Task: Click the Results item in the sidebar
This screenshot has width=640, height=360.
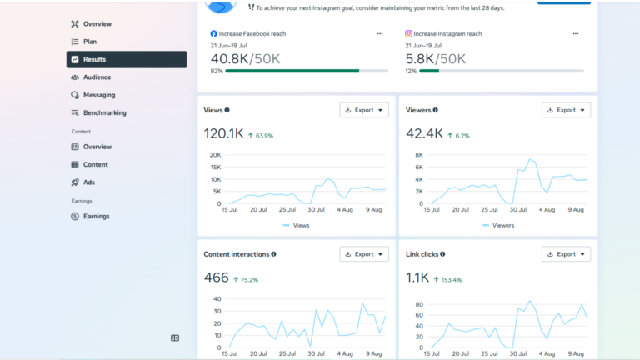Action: (x=127, y=60)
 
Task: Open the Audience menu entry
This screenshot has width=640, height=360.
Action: (x=97, y=77)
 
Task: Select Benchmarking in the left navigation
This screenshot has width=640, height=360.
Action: (x=104, y=112)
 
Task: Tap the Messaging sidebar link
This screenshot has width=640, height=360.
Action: (x=99, y=95)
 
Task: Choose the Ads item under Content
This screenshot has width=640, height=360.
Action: (x=88, y=182)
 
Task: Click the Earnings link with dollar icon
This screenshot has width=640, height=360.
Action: (x=96, y=217)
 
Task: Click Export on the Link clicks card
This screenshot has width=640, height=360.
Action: (x=566, y=254)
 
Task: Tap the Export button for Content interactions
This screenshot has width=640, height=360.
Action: (x=364, y=254)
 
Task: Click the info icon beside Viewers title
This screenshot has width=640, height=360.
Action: (x=436, y=110)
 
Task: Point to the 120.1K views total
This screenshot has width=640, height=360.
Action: (x=223, y=133)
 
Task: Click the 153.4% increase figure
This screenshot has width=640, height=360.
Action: (x=452, y=280)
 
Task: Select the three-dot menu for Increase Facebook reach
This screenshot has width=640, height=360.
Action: (x=380, y=34)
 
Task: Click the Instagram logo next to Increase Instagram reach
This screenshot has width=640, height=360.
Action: (x=408, y=34)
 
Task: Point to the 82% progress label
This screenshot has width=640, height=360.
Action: (x=217, y=71)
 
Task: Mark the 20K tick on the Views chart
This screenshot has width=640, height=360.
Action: (x=215, y=155)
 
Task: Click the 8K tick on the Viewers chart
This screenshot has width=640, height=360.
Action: (x=419, y=155)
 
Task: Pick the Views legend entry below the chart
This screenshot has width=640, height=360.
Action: (x=297, y=225)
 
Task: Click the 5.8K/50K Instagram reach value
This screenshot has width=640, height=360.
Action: (x=435, y=59)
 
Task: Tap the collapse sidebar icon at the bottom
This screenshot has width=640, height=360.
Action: (x=175, y=338)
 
